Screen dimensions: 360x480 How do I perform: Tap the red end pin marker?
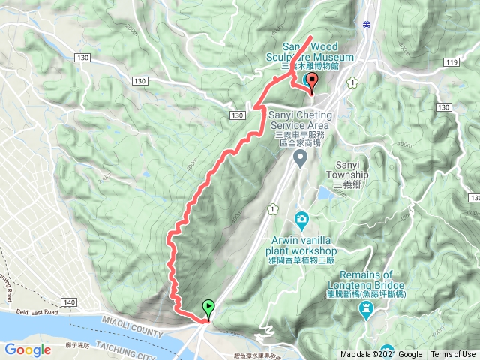click(312, 81)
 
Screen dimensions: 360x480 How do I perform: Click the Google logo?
click(28, 349)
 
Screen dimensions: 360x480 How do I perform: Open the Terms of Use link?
click(452, 355)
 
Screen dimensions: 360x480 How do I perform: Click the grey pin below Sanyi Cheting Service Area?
click(300, 157)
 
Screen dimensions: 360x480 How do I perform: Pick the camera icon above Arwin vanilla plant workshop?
click(301, 219)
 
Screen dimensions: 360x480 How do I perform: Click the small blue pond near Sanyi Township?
click(326, 193)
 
